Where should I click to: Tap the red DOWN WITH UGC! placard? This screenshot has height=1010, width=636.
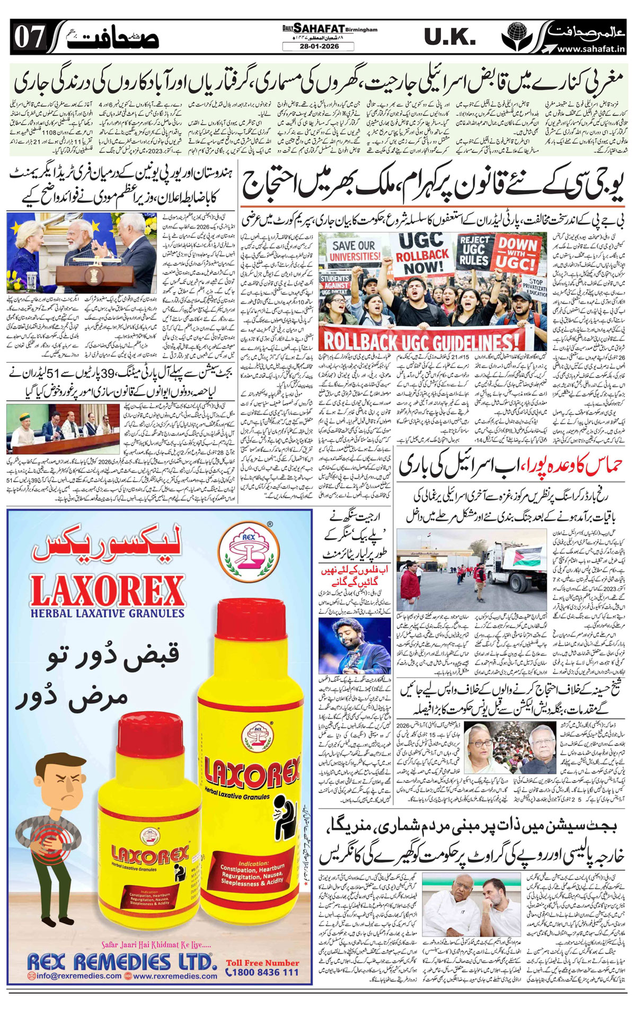click(517, 254)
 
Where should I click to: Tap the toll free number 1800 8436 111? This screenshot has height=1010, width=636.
click(262, 972)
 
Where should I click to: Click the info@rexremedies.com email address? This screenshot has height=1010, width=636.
click(76, 976)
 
